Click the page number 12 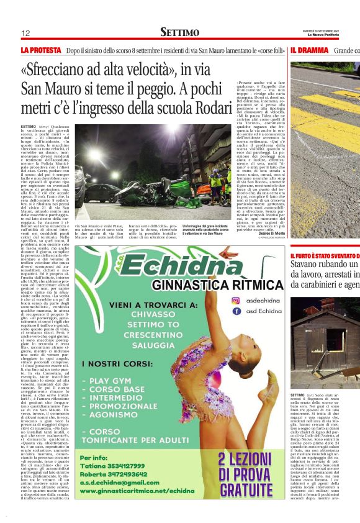point(25,32)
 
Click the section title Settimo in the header point(179,32)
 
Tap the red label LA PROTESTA point(41,49)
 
